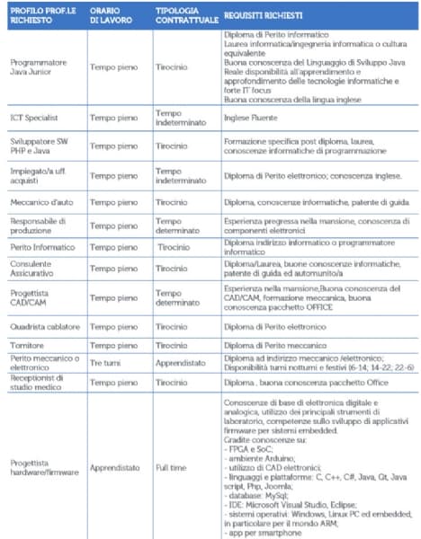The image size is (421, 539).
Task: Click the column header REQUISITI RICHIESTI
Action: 264,15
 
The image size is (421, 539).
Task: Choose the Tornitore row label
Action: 27,345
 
